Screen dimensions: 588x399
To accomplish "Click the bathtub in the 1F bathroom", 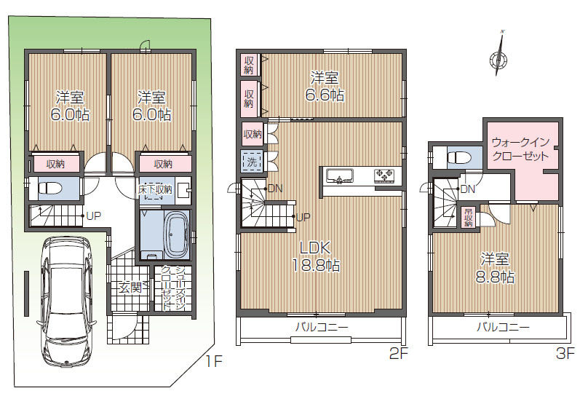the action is [177, 234].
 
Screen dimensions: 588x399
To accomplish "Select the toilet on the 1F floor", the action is [52, 188].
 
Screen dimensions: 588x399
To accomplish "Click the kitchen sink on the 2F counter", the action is [340, 175].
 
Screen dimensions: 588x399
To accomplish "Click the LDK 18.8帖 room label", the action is [316, 256].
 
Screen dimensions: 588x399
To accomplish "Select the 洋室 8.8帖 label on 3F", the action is [495, 268].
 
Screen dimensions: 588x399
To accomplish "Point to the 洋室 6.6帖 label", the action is [325, 87].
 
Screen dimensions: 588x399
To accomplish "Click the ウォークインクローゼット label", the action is [520, 149].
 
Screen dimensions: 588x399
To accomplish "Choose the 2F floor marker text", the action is [398, 353].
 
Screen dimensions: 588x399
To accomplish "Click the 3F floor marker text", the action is [565, 353].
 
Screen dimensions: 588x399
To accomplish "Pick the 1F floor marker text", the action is [214, 361].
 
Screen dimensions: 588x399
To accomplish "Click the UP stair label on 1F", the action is [93, 216].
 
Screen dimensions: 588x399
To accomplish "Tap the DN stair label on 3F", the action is [468, 189].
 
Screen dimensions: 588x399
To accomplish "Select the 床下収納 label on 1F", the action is [155, 189].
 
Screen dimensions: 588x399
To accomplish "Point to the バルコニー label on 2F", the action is [322, 328].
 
